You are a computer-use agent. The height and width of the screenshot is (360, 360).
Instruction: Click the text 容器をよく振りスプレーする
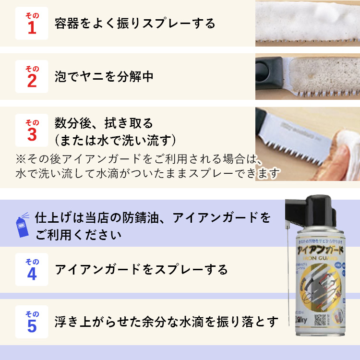[135, 23]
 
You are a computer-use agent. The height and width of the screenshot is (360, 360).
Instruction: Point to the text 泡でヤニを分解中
[104, 76]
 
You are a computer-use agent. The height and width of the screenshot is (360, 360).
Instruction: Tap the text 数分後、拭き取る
[104, 123]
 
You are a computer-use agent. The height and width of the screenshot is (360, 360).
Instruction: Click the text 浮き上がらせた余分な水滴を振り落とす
[167, 321]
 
